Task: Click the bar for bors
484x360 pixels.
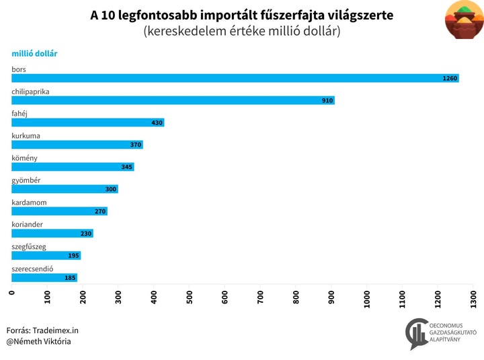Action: coord(235,78)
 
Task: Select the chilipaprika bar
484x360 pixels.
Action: coord(173,100)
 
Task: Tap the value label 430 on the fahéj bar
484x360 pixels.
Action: coord(157,123)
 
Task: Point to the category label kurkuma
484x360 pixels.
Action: coord(26,136)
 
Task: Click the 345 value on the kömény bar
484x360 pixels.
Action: coord(126,167)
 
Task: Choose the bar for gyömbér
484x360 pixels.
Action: coord(65,189)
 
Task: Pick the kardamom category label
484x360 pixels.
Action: coord(30,203)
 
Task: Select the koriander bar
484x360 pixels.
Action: coord(52,233)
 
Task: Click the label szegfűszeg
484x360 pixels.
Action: coord(29,247)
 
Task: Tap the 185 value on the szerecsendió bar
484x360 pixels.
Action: coord(70,278)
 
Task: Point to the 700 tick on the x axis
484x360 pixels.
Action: coord(260,297)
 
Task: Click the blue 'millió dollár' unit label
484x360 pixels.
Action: coord(34,53)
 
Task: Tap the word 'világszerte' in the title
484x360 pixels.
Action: coord(360,15)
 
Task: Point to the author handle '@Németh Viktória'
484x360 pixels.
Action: coord(38,342)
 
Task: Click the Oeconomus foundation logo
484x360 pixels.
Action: coord(440,334)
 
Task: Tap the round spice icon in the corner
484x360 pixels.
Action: coord(464,20)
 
